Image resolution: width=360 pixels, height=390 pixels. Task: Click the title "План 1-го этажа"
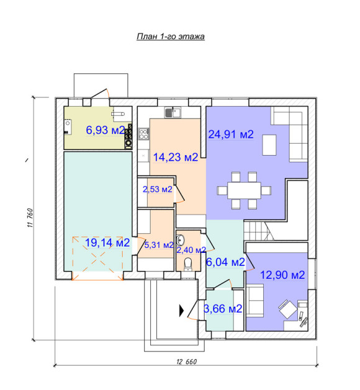[x=171, y=37]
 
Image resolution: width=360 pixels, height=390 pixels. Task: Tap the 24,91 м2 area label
[x=231, y=135]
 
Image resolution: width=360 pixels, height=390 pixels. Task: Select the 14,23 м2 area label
[x=176, y=157]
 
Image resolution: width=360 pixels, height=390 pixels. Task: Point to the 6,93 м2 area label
[x=106, y=130]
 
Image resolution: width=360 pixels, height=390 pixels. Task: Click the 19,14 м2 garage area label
[x=107, y=243]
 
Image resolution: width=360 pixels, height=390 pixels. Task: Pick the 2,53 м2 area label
[x=157, y=189]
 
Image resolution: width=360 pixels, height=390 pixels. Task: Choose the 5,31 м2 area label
[x=159, y=245]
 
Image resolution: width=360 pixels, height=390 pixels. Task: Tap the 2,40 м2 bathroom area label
[x=191, y=250]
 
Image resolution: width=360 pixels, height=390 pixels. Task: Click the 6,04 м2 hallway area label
[x=225, y=262]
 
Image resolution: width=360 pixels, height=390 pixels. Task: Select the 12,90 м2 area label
[x=282, y=275]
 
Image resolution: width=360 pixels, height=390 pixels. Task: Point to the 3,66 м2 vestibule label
[x=223, y=309]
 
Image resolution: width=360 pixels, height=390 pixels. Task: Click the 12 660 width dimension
[x=186, y=361]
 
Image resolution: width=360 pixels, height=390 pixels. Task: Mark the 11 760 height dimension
[x=30, y=218]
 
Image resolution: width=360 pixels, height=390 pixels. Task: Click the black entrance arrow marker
[x=181, y=311]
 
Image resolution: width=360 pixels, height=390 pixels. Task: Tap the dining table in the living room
[x=244, y=190]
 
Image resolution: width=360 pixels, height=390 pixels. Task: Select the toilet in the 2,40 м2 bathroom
[x=187, y=264]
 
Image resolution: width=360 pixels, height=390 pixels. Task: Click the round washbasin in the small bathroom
[x=180, y=240]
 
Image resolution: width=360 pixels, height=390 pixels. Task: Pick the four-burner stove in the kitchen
[x=143, y=134]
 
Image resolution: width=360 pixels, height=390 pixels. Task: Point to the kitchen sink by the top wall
[x=173, y=112]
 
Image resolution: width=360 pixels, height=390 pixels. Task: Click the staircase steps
[x=258, y=231]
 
